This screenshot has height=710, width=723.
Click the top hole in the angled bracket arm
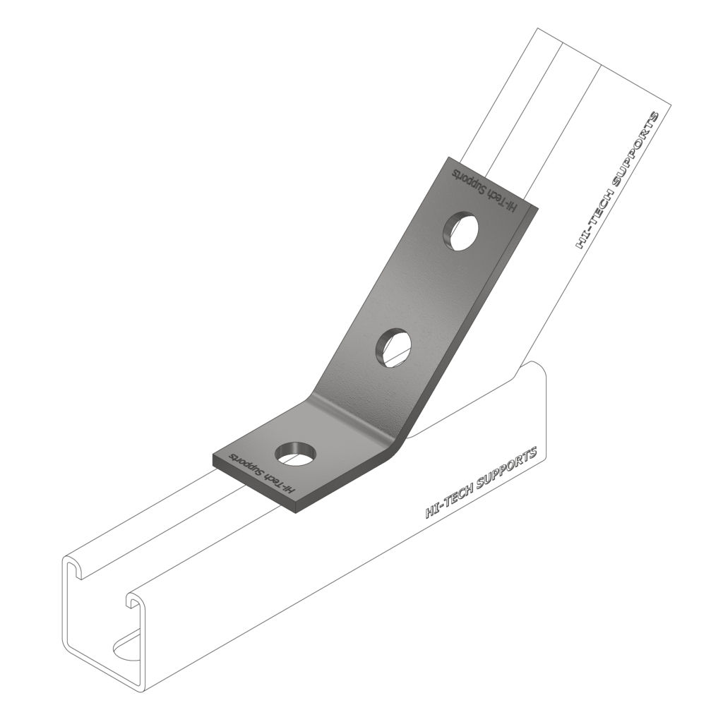pyautogui.click(x=460, y=231)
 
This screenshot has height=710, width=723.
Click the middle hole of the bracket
pyautogui.click(x=393, y=347)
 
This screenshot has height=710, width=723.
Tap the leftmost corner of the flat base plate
pyautogui.click(x=213, y=461)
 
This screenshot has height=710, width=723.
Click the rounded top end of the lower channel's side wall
pyautogui.click(x=537, y=366)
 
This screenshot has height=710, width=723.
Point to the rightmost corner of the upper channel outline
pyautogui.click(x=670, y=105)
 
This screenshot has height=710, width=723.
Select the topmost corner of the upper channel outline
pyautogui.click(x=538, y=28)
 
